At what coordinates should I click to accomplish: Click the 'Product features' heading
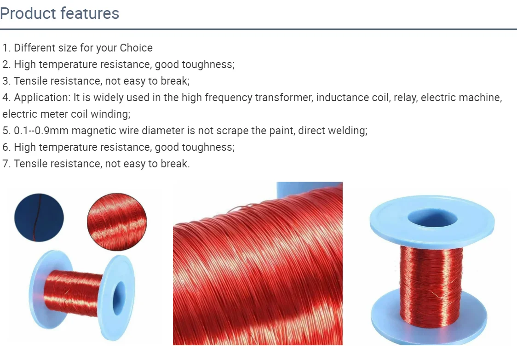click(60, 13)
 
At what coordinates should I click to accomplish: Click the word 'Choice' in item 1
click(136, 48)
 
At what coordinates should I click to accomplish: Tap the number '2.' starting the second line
click(6, 64)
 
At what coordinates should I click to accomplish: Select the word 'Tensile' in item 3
click(29, 81)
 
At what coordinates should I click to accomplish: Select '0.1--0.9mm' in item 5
click(41, 131)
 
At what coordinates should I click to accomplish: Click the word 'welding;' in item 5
click(350, 131)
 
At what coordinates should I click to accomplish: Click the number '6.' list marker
click(6, 147)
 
